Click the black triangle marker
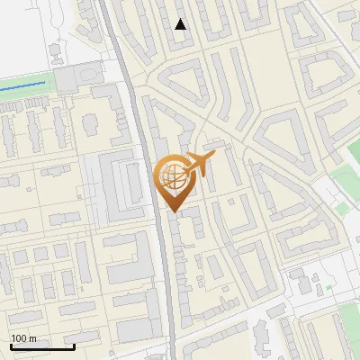[181, 24]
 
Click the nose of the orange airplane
[214, 156]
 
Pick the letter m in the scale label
[32, 338]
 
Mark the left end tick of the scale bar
[11, 345]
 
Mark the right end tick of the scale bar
[74, 345]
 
